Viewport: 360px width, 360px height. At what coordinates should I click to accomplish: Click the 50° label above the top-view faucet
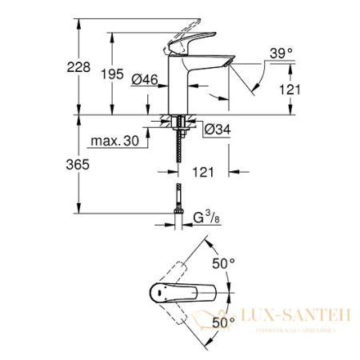click(224, 262)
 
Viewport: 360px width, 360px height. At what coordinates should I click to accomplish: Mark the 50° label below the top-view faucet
click(224, 321)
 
